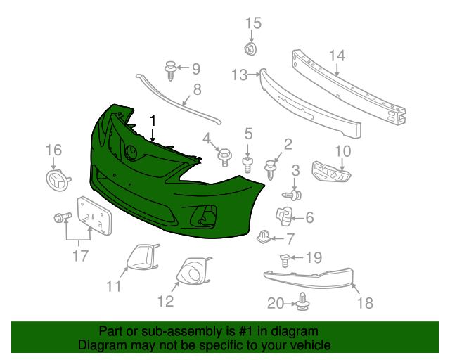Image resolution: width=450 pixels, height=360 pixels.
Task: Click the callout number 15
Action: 252,24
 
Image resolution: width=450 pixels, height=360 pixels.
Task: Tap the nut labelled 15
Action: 249,49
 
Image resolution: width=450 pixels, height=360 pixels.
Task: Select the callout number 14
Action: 337,56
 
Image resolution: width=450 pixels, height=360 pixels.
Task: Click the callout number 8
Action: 197,89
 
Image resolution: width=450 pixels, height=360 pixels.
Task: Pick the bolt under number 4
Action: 225,155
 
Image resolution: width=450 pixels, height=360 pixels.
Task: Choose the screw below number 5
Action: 247,165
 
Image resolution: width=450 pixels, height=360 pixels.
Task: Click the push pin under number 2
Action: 271,169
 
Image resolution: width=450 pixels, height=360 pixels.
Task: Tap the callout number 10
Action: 342,150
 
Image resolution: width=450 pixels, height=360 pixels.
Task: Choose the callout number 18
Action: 365,302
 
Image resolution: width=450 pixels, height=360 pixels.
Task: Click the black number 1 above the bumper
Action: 153,121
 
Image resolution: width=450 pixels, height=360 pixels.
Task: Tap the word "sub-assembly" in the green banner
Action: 165,331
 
